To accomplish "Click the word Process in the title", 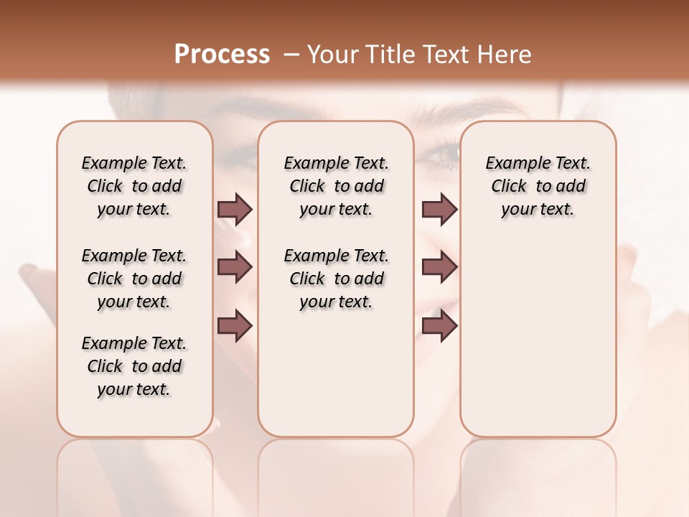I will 222,55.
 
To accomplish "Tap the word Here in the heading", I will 505,55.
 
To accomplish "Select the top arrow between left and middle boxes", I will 235,209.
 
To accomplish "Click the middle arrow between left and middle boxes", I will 235,267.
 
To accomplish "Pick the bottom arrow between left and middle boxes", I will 235,325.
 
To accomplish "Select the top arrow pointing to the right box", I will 439,209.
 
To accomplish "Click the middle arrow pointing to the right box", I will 439,267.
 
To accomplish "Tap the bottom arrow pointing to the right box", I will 439,325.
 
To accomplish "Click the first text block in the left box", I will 134,186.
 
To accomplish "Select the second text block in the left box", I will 134,279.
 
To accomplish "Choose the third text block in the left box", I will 134,366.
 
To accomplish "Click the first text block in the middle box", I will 336,186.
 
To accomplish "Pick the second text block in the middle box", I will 336,279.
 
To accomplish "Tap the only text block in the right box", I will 538,186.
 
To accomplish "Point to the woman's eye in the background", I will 446,152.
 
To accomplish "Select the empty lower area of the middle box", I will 336,373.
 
